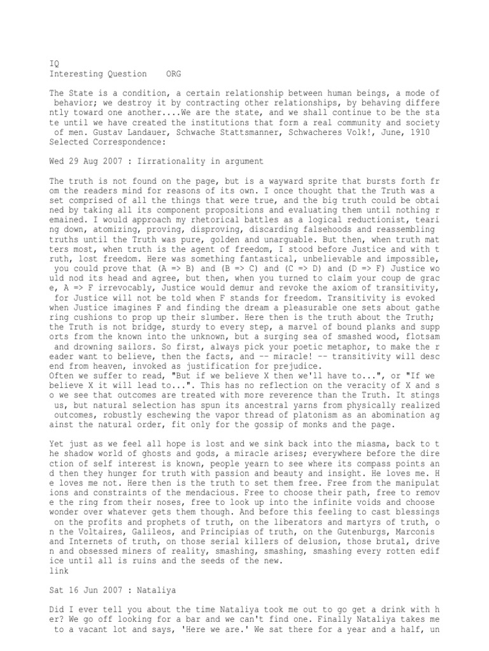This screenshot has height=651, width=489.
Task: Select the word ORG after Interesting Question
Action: coord(173,74)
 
